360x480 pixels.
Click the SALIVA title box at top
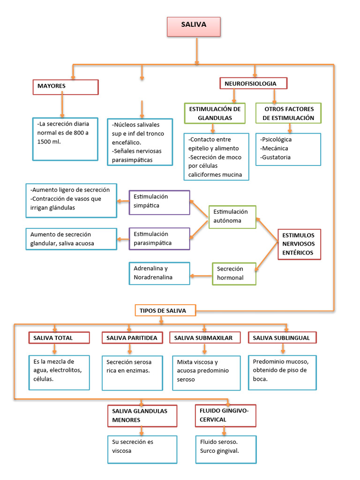point(193,27)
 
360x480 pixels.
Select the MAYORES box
point(65,87)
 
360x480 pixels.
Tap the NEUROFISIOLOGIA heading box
point(253,83)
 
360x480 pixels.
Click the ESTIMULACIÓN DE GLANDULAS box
point(215,113)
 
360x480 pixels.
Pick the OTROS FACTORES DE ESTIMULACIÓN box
point(288,113)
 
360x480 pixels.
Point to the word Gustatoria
point(276,157)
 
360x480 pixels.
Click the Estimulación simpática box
point(159,202)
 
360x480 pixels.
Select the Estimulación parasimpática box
point(159,239)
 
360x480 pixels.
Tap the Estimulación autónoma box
point(232,217)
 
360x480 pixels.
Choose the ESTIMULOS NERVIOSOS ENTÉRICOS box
point(298,244)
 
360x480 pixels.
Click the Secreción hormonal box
point(234,273)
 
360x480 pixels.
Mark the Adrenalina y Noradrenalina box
point(159,273)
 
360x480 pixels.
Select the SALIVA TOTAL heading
point(59,337)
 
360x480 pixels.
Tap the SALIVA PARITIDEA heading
point(132,337)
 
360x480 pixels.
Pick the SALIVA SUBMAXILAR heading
point(204,337)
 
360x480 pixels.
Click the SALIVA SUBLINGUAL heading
point(282,337)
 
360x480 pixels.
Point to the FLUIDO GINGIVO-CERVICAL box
point(225,415)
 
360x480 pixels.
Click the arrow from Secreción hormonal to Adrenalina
point(201,275)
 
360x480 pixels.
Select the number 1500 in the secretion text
point(45,142)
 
